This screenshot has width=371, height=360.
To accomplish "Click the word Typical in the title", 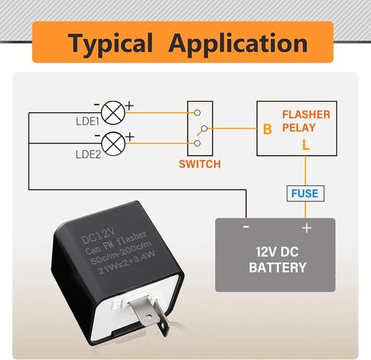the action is [x=110, y=43].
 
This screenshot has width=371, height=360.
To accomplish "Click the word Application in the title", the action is [x=238, y=43].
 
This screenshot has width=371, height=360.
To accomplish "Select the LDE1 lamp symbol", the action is [x=113, y=112].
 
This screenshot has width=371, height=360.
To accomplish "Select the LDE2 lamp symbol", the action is [x=113, y=144].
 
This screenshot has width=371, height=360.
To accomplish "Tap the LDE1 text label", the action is [x=87, y=122].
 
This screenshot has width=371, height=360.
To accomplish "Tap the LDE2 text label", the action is [x=88, y=154].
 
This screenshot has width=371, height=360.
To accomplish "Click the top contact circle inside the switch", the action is [x=197, y=112].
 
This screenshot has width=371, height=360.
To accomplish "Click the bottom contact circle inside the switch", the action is [x=197, y=144].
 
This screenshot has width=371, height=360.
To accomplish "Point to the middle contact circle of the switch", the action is [x=205, y=128].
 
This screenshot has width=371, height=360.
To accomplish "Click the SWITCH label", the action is [x=200, y=164].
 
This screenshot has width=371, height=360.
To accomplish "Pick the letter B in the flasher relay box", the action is [x=268, y=129].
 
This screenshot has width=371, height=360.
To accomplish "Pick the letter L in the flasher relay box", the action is [x=306, y=145].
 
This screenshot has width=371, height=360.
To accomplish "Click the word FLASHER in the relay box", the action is [x=306, y=115].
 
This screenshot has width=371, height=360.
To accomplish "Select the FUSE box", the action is [x=306, y=194].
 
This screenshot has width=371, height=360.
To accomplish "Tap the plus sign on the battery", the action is [x=306, y=228].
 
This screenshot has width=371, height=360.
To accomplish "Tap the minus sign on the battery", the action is [x=246, y=226].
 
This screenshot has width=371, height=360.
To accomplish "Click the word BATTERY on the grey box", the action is [x=277, y=267].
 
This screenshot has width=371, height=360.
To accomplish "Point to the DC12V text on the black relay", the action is [x=98, y=235].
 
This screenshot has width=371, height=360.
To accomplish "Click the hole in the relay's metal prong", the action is [x=149, y=317].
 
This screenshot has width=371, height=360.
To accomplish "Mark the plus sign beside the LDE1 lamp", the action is [x=129, y=106].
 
